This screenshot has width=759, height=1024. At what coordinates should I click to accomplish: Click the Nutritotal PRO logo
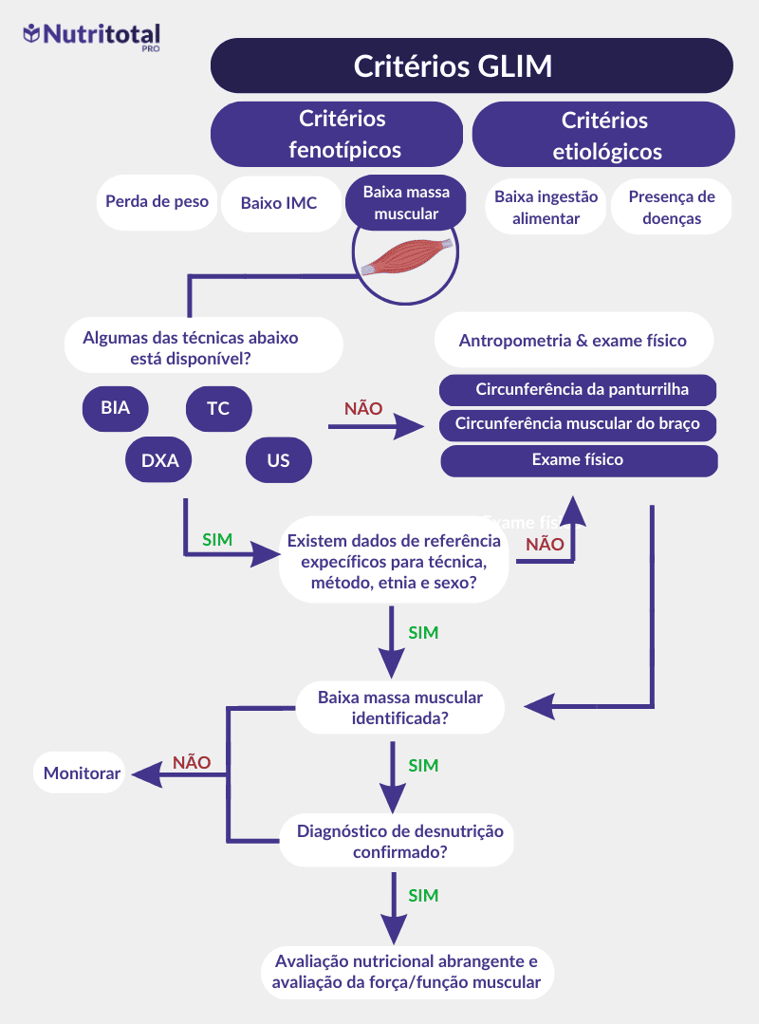(92, 35)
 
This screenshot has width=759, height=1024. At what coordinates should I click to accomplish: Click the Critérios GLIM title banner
(472, 66)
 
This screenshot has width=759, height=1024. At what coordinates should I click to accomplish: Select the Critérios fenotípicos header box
(337, 135)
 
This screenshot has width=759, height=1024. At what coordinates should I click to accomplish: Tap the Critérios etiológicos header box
(603, 135)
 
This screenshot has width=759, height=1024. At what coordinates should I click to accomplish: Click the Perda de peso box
(157, 201)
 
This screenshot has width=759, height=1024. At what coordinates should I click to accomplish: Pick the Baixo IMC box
(279, 203)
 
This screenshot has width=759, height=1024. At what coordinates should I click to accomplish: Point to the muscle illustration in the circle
(406, 256)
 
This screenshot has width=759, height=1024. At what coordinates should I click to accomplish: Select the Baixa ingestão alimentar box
(546, 207)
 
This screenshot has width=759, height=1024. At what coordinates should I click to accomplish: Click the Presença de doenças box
(672, 207)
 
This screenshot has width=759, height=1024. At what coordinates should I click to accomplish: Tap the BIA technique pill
(115, 409)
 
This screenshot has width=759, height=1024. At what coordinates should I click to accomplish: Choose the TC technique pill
(218, 409)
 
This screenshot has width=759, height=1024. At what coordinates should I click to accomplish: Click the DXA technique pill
(159, 461)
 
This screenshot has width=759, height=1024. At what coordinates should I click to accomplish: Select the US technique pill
(278, 461)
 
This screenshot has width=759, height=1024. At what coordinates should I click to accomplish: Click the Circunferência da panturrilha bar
(578, 390)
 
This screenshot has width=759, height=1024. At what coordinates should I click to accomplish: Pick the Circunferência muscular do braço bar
(578, 424)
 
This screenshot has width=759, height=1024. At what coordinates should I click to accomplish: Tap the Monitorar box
(83, 773)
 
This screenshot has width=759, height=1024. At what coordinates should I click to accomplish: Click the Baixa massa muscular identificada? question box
(399, 708)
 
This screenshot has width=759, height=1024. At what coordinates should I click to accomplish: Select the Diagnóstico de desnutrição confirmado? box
(399, 841)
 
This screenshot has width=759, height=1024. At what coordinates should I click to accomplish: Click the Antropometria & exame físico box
(573, 341)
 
